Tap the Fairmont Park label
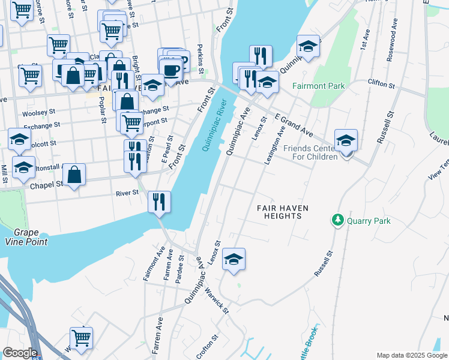tap(318, 86)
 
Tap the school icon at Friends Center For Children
tap(346, 141)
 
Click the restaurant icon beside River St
tap(159, 201)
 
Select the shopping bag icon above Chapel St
tap(74, 175)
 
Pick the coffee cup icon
tap(171, 70)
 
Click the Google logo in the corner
tap(20, 352)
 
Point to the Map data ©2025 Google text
tap(411, 355)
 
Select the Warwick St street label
tap(216, 301)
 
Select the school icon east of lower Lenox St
tap(234, 259)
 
